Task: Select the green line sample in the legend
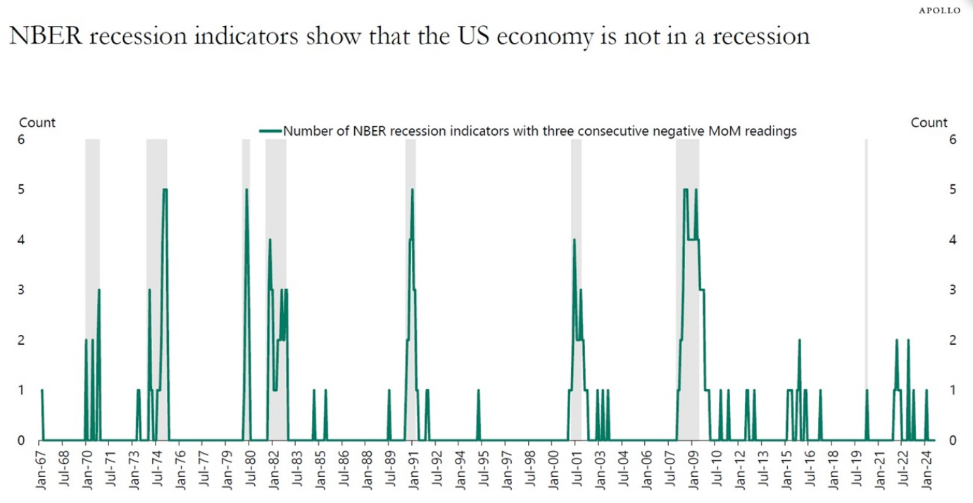tap(270, 131)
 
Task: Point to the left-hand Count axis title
tap(37, 122)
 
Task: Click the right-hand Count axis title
tap(929, 122)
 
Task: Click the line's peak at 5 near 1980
tap(246, 189)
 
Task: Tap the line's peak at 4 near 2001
tap(575, 240)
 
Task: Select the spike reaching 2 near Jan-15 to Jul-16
tap(800, 340)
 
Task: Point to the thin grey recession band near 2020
tap(866, 281)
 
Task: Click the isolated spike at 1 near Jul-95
tap(478, 390)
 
